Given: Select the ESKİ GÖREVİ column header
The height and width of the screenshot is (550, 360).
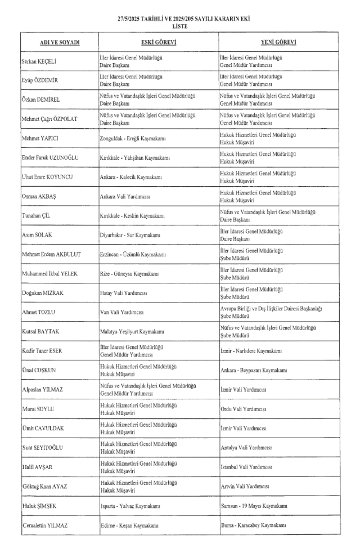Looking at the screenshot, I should click(159, 43).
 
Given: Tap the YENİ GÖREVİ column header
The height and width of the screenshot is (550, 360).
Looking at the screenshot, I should click(280, 43).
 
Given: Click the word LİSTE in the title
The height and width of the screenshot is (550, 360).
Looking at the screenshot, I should click(180, 26).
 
